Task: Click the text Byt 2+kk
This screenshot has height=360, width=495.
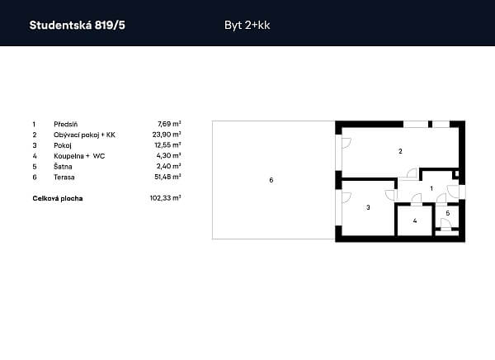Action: click(x=247, y=25)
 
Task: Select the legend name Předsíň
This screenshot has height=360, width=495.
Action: click(x=65, y=122)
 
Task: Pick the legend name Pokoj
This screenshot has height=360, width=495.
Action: click(x=63, y=144)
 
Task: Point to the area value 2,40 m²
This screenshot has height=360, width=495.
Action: click(x=170, y=165)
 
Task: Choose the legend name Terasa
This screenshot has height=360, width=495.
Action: click(x=64, y=176)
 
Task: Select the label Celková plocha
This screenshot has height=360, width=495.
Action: click(x=58, y=198)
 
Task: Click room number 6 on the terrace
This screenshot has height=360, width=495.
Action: click(x=271, y=179)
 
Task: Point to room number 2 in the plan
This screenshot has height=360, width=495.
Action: click(x=400, y=151)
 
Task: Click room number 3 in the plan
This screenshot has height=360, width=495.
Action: click(x=367, y=207)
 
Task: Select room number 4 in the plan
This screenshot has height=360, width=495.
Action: click(x=415, y=220)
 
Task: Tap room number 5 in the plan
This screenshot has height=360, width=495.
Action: click(x=447, y=213)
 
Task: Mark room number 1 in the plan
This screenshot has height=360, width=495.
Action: click(x=431, y=189)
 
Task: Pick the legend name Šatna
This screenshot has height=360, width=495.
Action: click(x=63, y=165)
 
